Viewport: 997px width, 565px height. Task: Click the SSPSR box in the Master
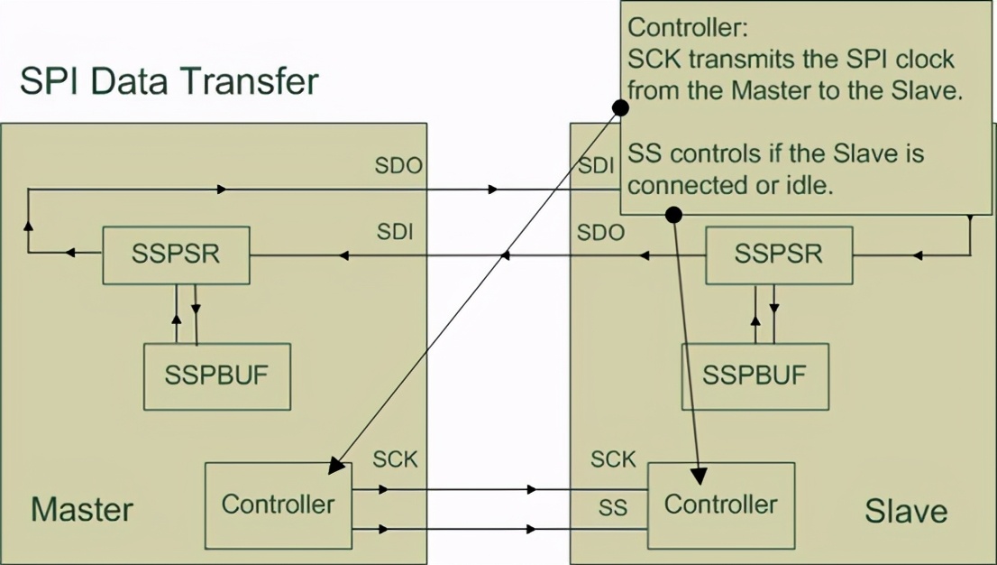[176, 255]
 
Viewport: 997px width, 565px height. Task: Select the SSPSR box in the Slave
[779, 255]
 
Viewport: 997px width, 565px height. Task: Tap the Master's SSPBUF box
[217, 376]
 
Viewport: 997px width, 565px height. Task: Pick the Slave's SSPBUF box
[755, 376]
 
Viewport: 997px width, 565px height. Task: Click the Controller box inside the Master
[278, 505]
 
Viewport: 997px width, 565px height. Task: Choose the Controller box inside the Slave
[721, 505]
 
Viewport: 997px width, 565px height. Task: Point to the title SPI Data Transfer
[169, 81]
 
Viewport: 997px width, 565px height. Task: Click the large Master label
[82, 510]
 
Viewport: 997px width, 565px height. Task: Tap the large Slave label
[906, 511]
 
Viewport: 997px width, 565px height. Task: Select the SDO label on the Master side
[398, 165]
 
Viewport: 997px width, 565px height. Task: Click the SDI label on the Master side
[395, 232]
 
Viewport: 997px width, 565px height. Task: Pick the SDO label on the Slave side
[601, 233]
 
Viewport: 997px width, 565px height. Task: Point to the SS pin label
[613, 507]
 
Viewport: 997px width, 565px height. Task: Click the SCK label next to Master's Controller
[395, 459]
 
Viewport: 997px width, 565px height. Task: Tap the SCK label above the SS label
[613, 459]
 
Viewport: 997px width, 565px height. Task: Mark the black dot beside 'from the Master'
[620, 107]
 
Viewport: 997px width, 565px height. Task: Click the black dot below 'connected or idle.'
[673, 215]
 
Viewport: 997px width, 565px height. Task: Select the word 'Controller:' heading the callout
[688, 27]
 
